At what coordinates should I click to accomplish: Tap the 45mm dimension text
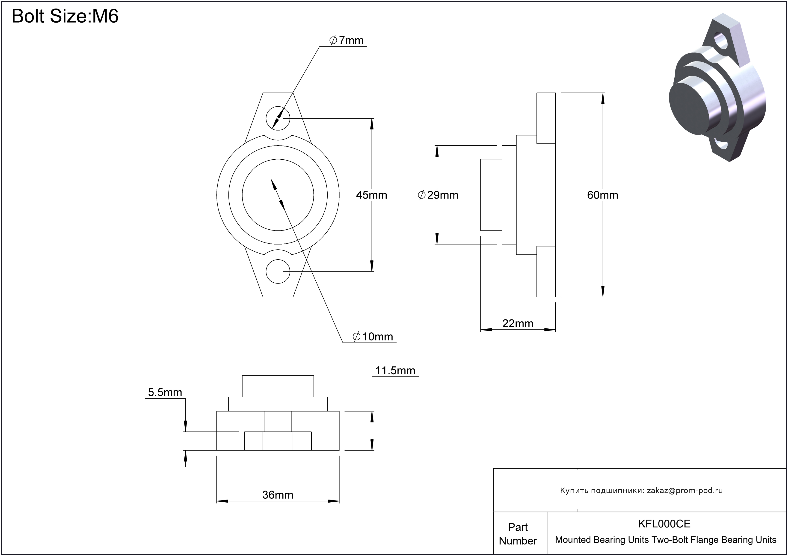[371, 195]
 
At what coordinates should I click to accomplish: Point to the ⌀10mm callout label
[373, 337]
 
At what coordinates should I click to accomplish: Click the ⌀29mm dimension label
[438, 195]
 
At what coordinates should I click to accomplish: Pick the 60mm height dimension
[602, 195]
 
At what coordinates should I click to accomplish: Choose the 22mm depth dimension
[518, 323]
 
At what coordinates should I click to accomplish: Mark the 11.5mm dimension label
[395, 371]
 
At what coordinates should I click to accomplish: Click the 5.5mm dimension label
[165, 392]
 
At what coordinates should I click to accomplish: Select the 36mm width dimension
[278, 495]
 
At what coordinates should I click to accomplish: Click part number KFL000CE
[664, 524]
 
